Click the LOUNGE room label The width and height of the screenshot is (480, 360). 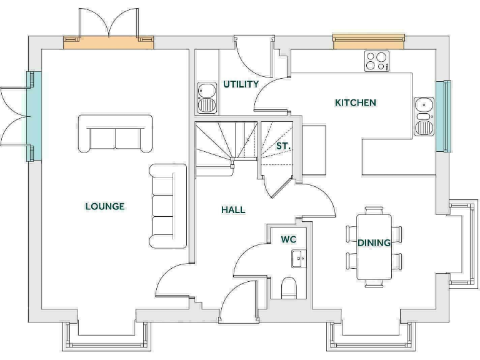[x=105, y=206]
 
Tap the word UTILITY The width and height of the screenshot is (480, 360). [x=241, y=84]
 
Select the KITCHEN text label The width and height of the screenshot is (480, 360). [x=356, y=102]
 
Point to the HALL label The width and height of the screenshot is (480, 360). [x=233, y=210]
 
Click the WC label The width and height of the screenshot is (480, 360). [x=288, y=239]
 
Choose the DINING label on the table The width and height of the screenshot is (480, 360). [x=374, y=242]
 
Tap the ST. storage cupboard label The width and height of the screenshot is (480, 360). [x=283, y=146]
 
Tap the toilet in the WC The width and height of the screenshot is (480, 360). [x=289, y=288]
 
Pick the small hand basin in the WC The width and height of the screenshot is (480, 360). [x=297, y=257]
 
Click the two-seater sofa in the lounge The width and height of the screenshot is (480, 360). [x=116, y=134]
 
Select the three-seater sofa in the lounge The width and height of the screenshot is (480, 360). [x=167, y=206]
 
